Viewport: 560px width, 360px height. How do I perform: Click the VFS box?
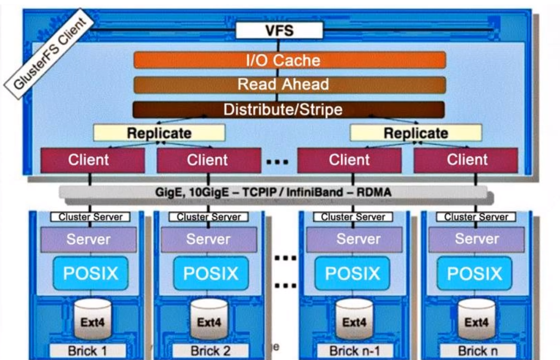click(x=279, y=30)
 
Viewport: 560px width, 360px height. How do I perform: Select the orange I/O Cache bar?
click(x=290, y=60)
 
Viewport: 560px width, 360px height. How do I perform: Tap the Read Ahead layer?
click(x=290, y=84)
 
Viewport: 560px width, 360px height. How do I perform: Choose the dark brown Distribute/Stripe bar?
click(x=289, y=109)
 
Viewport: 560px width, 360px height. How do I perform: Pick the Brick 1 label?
click(x=88, y=351)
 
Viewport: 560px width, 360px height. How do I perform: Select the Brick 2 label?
click(x=211, y=351)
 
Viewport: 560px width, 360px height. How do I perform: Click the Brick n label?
click(x=477, y=351)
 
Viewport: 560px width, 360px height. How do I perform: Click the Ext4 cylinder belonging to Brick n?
click(x=476, y=321)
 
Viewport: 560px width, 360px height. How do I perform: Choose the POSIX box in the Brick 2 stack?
click(x=211, y=273)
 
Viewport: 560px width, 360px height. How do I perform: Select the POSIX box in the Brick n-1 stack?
click(x=353, y=273)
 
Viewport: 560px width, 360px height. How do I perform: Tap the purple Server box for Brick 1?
click(x=88, y=239)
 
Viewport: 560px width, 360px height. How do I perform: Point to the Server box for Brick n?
click(x=476, y=239)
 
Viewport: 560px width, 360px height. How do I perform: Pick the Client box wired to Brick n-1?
click(x=349, y=160)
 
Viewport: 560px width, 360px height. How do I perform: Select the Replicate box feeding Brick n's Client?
click(x=416, y=133)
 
